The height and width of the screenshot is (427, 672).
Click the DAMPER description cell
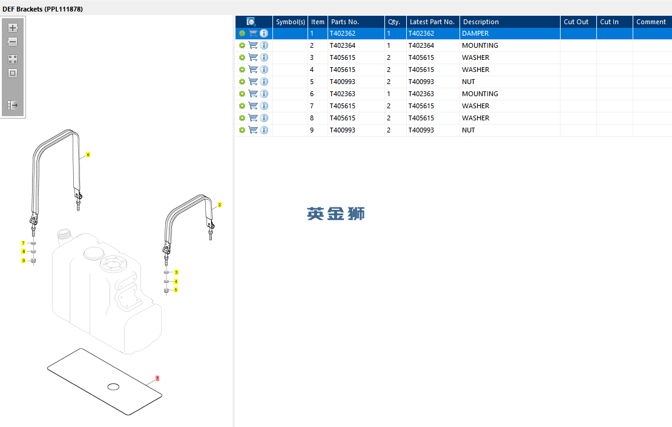pyautogui.click(x=475, y=33)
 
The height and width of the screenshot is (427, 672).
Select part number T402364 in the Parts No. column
pyautogui.click(x=343, y=45)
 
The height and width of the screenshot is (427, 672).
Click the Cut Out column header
pyautogui.click(x=576, y=22)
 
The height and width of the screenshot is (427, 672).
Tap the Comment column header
pyautogui.click(x=651, y=22)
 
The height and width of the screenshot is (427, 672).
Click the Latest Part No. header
pyautogui.click(x=432, y=22)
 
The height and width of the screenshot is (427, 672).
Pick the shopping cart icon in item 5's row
pyautogui.click(x=253, y=82)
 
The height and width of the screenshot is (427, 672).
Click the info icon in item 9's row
pyautogui.click(x=264, y=130)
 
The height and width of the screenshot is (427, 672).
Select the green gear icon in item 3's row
pyautogui.click(x=242, y=57)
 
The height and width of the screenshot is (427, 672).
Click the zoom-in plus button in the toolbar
pyautogui.click(x=13, y=28)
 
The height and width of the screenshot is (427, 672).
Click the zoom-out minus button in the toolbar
pyautogui.click(x=13, y=42)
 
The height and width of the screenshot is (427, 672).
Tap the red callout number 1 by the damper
pyautogui.click(x=157, y=378)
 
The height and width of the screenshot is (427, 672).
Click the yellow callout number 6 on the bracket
pyautogui.click(x=88, y=155)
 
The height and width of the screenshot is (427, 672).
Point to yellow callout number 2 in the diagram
pyautogui.click(x=219, y=204)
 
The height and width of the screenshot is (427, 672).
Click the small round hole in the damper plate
pyautogui.click(x=113, y=387)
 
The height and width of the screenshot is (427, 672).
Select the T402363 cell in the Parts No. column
pyautogui.click(x=343, y=94)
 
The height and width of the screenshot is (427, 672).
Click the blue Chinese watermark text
pyautogui.click(x=335, y=213)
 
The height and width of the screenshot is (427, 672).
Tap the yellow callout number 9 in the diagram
pyautogui.click(x=24, y=261)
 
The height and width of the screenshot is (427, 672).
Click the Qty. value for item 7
pyautogui.click(x=389, y=106)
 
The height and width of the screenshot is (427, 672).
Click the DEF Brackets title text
pyautogui.click(x=42, y=9)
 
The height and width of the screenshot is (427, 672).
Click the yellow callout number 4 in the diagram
pyautogui.click(x=176, y=281)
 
